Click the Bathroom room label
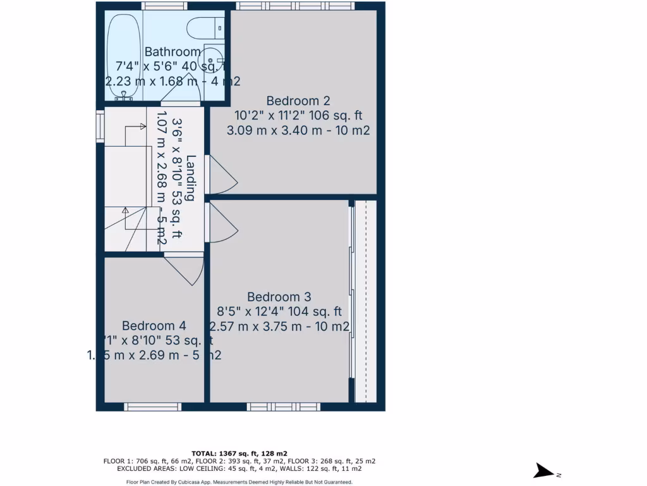click(x=172, y=52)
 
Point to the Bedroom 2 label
click(x=298, y=101)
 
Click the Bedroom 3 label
click(x=279, y=297)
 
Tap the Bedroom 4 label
click(x=154, y=326)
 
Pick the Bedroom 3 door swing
click(x=222, y=221)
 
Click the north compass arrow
click(x=543, y=470)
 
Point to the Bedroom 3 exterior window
click(x=283, y=407)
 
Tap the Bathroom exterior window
click(x=164, y=6)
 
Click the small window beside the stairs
click(x=100, y=123)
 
